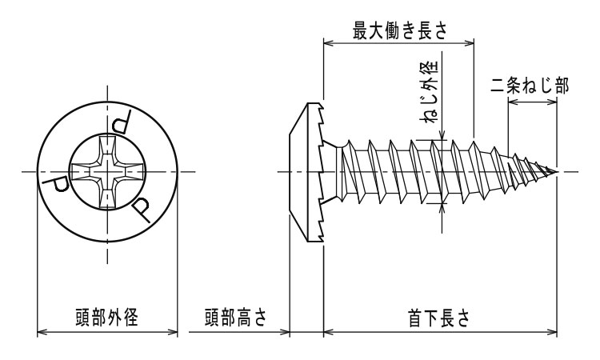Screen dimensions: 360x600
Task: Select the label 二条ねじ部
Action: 530,86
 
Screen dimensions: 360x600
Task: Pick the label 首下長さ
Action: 438,317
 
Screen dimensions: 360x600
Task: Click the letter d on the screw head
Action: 122,123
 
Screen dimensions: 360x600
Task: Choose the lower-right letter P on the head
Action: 142,210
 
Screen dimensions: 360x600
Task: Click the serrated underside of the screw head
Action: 321,171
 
